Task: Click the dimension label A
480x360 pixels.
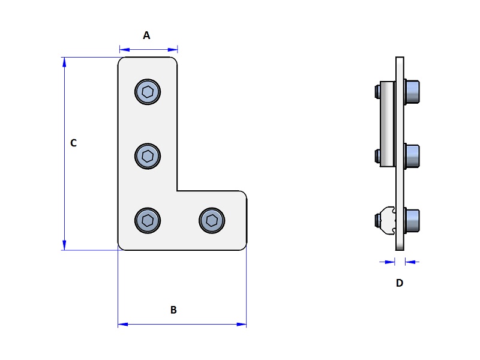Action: pos(146,35)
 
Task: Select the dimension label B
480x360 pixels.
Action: pos(173,310)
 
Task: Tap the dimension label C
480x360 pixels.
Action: pos(73,143)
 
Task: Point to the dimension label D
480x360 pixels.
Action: pos(400,283)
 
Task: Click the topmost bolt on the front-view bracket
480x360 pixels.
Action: pos(148,92)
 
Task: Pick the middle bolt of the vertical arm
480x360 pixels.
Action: pos(148,157)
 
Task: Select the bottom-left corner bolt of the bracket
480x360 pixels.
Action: pos(148,220)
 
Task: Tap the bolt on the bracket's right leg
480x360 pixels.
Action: pos(212,220)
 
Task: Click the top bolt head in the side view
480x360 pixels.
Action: pos(412,92)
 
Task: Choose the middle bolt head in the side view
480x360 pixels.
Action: pos(412,156)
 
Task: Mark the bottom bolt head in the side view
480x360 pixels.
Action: pos(412,220)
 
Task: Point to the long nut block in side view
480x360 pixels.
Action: pos(387,124)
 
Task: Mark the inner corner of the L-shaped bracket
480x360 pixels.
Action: pos(178,191)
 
